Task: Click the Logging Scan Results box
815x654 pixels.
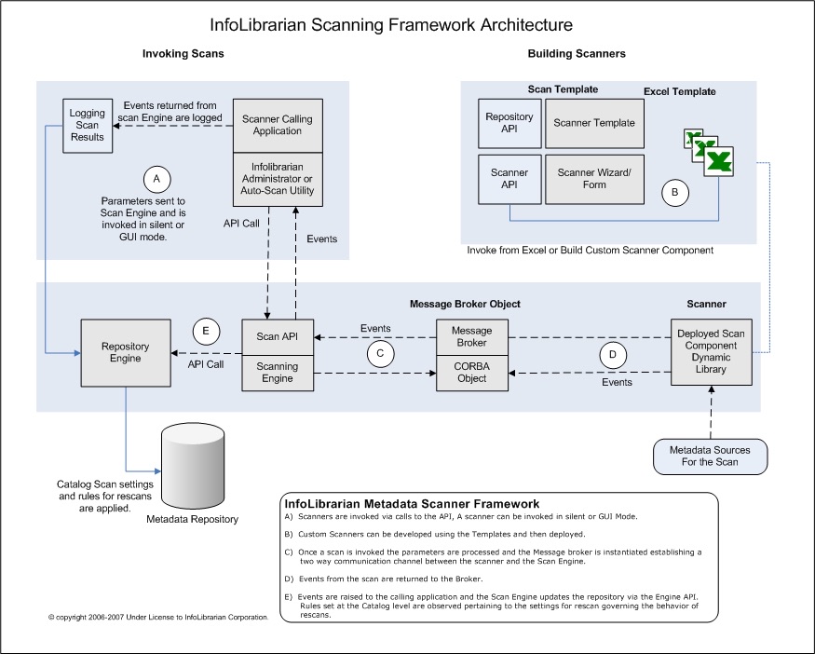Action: click(x=88, y=126)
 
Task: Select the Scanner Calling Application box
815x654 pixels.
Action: click(x=278, y=125)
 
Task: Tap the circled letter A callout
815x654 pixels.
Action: click(x=156, y=180)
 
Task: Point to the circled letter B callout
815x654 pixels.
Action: click(x=675, y=192)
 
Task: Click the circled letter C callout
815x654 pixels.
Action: click(x=380, y=354)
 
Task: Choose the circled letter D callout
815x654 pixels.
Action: click(x=613, y=355)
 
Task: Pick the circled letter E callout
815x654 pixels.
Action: click(x=206, y=331)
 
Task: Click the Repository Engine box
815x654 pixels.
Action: click(x=126, y=353)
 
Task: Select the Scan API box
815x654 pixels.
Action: click(x=278, y=337)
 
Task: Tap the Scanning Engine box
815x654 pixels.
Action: click(x=278, y=373)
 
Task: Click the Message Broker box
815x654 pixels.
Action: click(x=472, y=337)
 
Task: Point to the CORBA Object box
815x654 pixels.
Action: click(x=472, y=373)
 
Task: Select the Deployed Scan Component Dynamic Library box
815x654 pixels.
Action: click(x=711, y=352)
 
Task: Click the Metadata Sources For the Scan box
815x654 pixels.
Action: click(x=710, y=456)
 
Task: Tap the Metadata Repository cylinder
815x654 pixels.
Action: click(x=193, y=467)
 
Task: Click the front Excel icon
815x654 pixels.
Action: click(x=719, y=162)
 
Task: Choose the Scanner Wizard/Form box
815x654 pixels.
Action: click(x=594, y=180)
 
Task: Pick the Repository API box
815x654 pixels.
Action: click(x=509, y=123)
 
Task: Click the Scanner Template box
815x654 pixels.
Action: click(x=594, y=123)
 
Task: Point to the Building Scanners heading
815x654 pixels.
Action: click(x=577, y=53)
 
